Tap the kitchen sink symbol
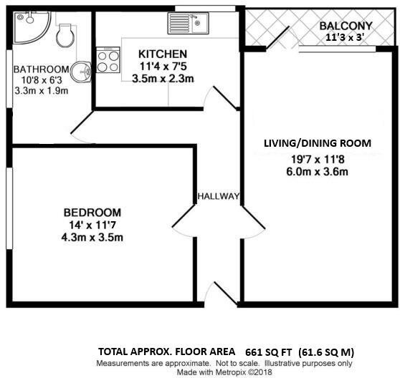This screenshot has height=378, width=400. point(187,24)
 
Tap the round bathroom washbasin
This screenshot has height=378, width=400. point(85,70)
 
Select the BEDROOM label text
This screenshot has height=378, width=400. point(92,213)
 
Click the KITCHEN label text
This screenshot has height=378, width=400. point(163,54)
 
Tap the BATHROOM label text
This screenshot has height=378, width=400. point(40,69)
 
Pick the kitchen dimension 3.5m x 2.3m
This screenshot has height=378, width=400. point(163,79)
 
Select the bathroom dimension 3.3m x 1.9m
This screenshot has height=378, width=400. point(40,92)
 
